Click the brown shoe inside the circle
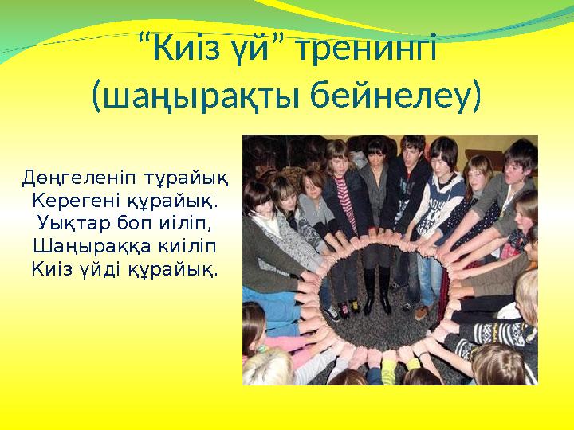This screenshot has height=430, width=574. pyautogui.click(x=421, y=311)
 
